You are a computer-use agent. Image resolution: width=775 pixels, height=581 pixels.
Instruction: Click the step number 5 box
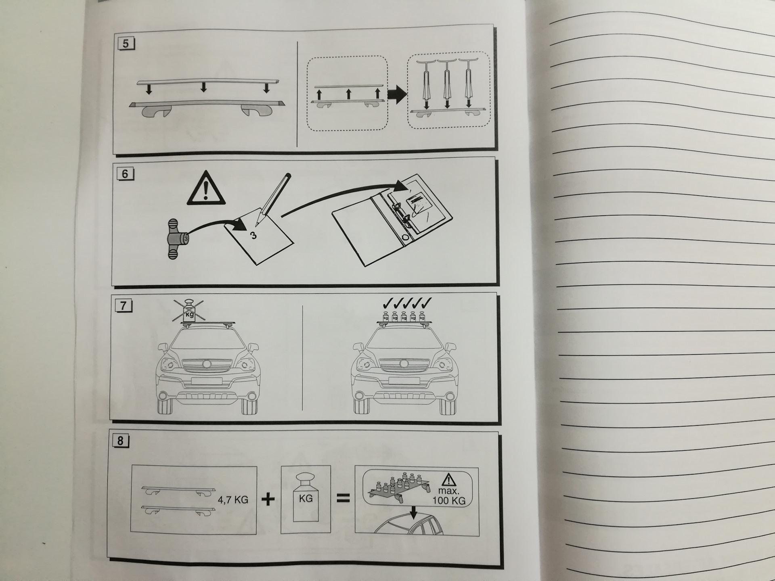(x=126, y=43)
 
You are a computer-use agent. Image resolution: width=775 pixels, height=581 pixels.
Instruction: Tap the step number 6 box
(x=125, y=174)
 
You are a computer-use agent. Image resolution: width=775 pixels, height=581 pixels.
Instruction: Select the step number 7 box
(x=123, y=306)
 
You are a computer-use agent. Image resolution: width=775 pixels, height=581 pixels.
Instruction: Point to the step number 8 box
(x=120, y=441)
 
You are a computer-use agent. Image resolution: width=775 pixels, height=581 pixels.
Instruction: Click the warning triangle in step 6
(x=206, y=189)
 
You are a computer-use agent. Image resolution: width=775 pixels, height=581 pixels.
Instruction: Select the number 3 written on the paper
(x=253, y=235)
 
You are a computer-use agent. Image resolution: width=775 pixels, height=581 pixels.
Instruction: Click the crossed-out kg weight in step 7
(x=189, y=311)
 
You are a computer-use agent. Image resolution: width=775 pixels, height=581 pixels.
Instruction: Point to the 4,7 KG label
(x=233, y=500)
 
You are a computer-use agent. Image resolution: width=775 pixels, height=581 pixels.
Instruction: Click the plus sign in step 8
(x=268, y=499)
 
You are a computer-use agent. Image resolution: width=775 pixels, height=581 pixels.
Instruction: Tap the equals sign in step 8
(x=343, y=499)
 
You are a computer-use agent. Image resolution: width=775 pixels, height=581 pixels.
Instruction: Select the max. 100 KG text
(x=449, y=496)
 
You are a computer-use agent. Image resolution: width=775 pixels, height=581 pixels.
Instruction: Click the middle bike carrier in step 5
(x=447, y=83)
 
